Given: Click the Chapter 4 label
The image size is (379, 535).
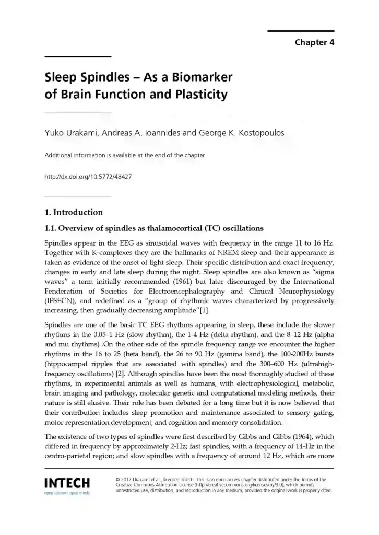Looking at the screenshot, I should point(314,42).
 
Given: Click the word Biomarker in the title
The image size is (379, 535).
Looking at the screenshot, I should point(200,78).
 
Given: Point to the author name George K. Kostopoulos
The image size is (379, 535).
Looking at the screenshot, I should point(242,133).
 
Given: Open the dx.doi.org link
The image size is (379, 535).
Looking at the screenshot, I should point(88,177).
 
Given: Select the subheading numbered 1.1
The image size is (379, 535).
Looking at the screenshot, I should point(154,228).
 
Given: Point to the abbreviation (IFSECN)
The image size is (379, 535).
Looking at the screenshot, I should point(61,301).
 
